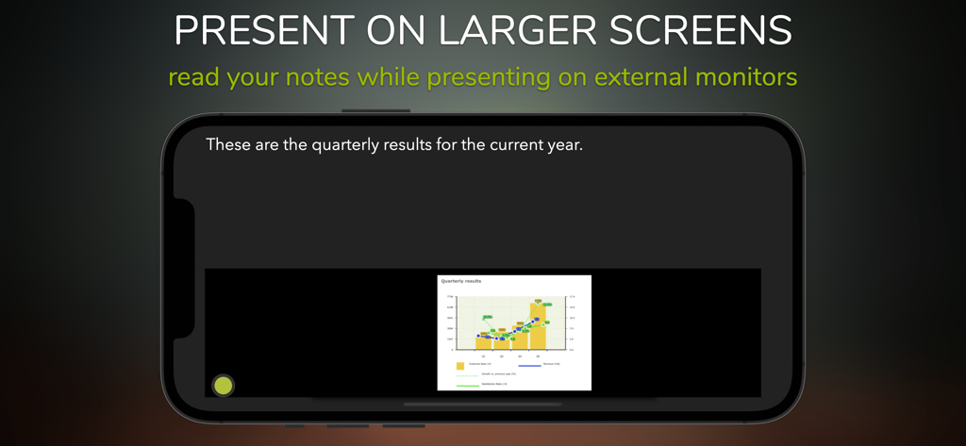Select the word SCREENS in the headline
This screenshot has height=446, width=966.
tap(701, 30)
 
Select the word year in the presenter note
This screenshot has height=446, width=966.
tap(561, 145)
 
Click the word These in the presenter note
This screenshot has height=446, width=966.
tap(228, 145)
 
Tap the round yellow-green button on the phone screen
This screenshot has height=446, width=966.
tap(223, 385)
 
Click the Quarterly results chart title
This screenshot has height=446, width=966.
tap(461, 281)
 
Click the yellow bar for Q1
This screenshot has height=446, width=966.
tap(484, 341)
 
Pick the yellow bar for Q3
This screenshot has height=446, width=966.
tap(520, 338)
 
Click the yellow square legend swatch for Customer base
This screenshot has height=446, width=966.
tap(460, 366)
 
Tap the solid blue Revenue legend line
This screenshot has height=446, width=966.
tap(529, 364)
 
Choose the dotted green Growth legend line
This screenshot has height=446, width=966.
tap(467, 375)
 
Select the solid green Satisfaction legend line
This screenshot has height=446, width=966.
tap(467, 385)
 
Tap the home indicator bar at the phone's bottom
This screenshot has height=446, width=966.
tap(482, 405)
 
